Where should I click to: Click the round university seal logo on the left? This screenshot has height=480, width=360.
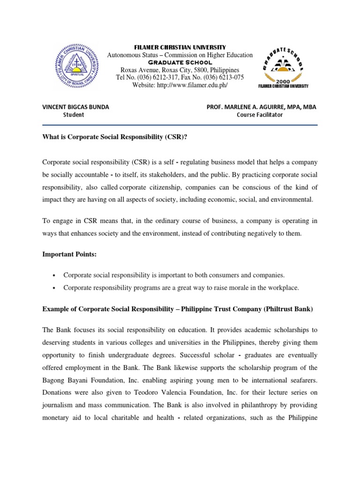76,66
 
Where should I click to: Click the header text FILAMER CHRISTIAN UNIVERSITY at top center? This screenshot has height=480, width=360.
180,47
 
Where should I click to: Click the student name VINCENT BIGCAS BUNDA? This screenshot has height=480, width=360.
75,107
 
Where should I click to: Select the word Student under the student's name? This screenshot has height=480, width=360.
74,115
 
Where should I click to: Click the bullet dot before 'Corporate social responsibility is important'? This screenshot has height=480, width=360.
55,276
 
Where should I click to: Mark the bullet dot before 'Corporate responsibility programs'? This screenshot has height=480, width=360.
55,288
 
